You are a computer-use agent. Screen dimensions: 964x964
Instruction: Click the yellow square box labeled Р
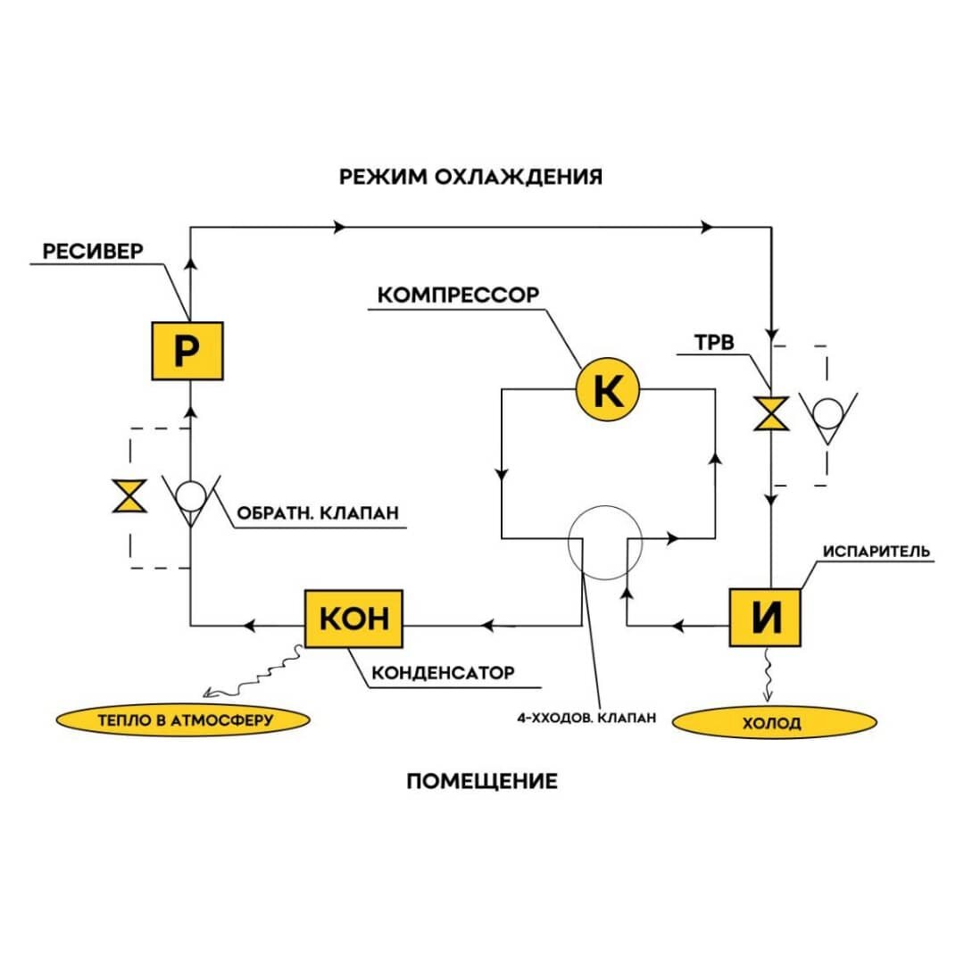(187, 351)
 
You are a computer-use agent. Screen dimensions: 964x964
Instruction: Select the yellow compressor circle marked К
(608, 389)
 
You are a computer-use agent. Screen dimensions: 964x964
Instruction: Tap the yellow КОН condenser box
(354, 619)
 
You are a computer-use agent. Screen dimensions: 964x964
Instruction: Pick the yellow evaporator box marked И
(766, 618)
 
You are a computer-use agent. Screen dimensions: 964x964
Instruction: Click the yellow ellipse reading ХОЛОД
(775, 722)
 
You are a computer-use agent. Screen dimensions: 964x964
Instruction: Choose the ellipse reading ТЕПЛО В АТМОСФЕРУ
(183, 720)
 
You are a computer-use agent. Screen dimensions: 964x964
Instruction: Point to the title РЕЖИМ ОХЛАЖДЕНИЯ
(471, 177)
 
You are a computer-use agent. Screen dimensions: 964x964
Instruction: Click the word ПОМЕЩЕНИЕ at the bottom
(482, 781)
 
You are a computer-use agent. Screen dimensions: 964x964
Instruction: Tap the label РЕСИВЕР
(93, 251)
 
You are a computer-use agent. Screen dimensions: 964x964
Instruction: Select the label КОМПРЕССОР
(458, 295)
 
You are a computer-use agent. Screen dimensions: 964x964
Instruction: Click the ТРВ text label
(714, 343)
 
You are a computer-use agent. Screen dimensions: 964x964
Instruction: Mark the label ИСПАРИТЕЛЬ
(877, 552)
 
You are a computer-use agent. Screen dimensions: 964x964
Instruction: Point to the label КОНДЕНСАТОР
(444, 673)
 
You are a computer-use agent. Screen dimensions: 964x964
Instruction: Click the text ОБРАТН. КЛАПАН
(318, 512)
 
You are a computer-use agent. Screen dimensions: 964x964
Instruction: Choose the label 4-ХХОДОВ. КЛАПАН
(586, 718)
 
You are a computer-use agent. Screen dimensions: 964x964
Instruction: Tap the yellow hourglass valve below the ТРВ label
(771, 413)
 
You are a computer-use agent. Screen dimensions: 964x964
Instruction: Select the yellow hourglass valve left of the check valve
(130, 495)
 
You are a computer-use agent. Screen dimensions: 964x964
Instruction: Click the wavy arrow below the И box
(768, 674)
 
